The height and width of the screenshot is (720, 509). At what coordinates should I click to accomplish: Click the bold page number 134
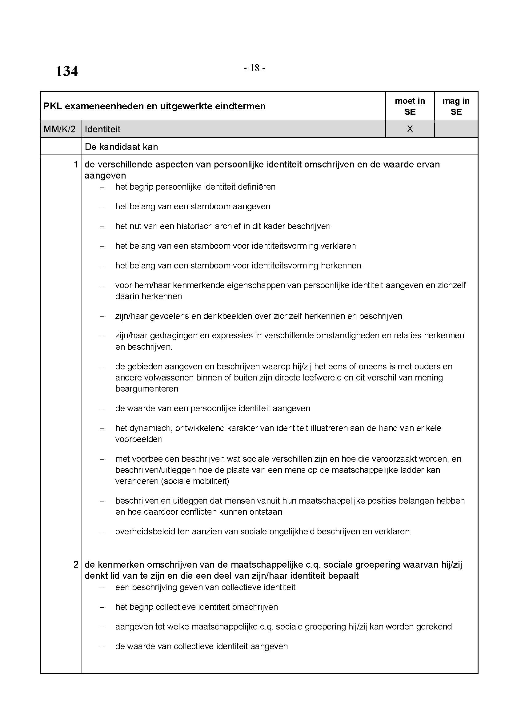pyautogui.click(x=66, y=71)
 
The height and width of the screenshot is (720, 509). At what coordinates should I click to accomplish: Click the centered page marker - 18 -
pyautogui.click(x=254, y=68)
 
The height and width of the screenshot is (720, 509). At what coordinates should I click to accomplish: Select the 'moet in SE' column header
pyautogui.click(x=410, y=106)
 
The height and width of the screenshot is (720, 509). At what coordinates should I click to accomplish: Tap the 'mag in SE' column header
pyautogui.click(x=456, y=106)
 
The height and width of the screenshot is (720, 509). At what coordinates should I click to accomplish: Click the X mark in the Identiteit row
pyautogui.click(x=410, y=129)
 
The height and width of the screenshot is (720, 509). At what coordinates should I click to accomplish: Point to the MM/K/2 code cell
pyautogui.click(x=60, y=129)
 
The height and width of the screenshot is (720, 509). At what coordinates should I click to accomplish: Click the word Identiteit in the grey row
pyautogui.click(x=102, y=129)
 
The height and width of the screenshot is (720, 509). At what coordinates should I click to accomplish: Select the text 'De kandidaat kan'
pyautogui.click(x=121, y=147)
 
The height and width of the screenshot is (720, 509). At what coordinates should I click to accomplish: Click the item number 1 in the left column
pyautogui.click(x=75, y=164)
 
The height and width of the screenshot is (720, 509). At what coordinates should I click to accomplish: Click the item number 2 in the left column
pyautogui.click(x=75, y=565)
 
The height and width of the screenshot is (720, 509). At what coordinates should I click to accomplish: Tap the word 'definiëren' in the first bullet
pyautogui.click(x=256, y=187)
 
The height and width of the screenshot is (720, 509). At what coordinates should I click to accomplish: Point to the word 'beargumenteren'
pyautogui.click(x=147, y=389)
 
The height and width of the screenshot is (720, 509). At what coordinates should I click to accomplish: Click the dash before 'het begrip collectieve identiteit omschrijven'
pyautogui.click(x=102, y=607)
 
